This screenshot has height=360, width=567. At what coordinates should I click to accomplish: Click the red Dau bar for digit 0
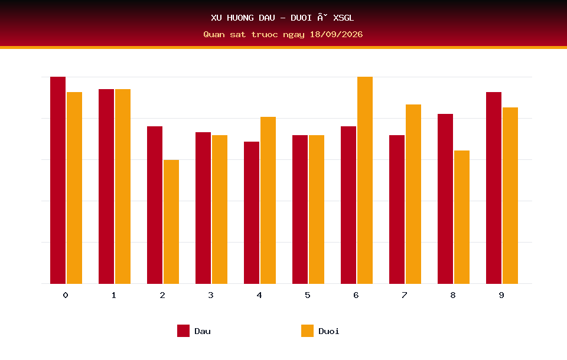coord(58,180)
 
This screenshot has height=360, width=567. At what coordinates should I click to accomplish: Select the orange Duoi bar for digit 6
coord(365,180)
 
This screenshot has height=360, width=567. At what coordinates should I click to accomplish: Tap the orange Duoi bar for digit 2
coord(171,221)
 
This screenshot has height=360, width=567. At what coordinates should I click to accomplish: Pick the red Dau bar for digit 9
coord(494,188)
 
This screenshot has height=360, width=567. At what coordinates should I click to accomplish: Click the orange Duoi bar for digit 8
coord(462,217)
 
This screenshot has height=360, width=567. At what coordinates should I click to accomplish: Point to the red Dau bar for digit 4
coord(252,212)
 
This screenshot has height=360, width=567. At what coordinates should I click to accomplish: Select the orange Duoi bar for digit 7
coord(413,194)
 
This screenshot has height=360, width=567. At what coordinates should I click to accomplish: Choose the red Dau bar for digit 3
coord(203,208)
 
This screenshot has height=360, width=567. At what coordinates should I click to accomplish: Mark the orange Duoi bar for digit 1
coord(123,186)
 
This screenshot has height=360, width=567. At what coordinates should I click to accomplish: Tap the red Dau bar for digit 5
coord(300,210)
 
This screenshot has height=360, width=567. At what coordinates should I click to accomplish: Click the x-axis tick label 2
coord(162,295)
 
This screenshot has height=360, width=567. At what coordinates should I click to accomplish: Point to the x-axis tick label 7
coord(404,295)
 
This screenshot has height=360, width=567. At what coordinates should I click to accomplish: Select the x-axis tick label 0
coord(66,295)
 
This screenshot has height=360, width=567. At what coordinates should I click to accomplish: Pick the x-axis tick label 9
coord(501,295)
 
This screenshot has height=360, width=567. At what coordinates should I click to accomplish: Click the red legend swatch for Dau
coord(183,330)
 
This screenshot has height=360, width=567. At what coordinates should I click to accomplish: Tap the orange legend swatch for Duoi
coord(307,330)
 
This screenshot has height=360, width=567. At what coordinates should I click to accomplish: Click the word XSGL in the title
coord(344,18)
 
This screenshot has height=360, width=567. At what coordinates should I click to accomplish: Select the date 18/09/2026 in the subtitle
coord(336,34)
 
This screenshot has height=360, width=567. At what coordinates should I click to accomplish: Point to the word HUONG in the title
coord(240,18)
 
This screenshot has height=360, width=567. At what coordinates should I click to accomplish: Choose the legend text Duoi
coord(329,331)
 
